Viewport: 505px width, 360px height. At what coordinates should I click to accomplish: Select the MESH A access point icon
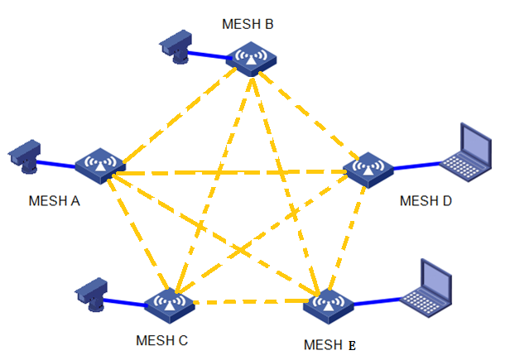[x=99, y=164]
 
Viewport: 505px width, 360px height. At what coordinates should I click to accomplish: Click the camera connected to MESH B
[x=176, y=45]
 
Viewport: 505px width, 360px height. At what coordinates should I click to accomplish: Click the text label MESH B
[x=248, y=24]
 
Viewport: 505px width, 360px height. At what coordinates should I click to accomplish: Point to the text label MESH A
[x=55, y=199]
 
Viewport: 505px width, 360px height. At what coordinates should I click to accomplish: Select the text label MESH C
[x=162, y=340]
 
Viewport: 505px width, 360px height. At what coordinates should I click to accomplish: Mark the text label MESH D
[x=425, y=200]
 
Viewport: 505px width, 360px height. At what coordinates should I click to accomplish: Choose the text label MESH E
[x=329, y=344]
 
